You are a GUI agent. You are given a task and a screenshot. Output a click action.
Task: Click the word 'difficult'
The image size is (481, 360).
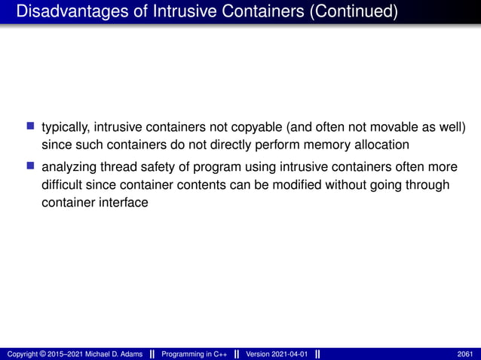[x=63, y=185]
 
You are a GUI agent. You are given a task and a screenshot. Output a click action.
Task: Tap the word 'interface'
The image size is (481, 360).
[x=122, y=202]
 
